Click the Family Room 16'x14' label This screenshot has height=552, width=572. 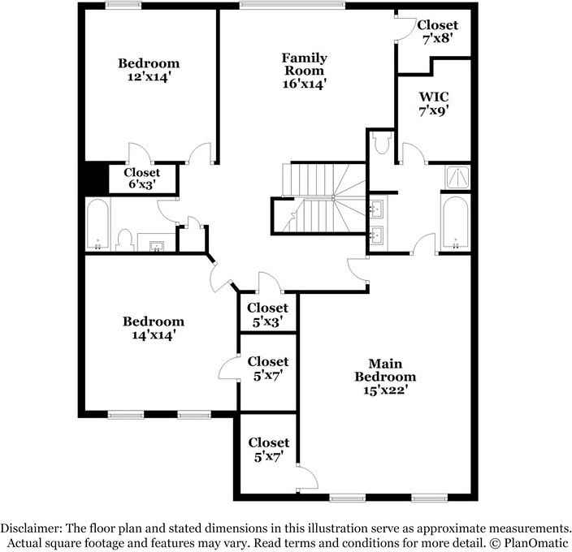point(305,71)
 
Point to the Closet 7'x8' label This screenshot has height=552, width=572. point(438,32)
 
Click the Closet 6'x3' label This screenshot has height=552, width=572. point(141,179)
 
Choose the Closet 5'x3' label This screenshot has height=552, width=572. point(267,314)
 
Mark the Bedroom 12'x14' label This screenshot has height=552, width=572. point(149,70)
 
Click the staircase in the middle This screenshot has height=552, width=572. point(317,198)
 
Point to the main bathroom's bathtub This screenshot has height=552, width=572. point(455,222)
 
